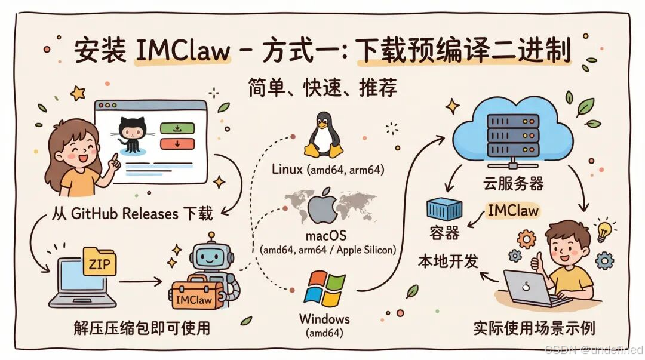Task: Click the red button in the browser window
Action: [177, 143]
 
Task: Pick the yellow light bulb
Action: [604, 230]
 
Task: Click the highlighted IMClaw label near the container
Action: [512, 210]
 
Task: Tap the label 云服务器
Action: [514, 184]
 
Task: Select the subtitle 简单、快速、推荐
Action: [322, 88]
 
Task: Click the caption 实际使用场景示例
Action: [533, 328]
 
